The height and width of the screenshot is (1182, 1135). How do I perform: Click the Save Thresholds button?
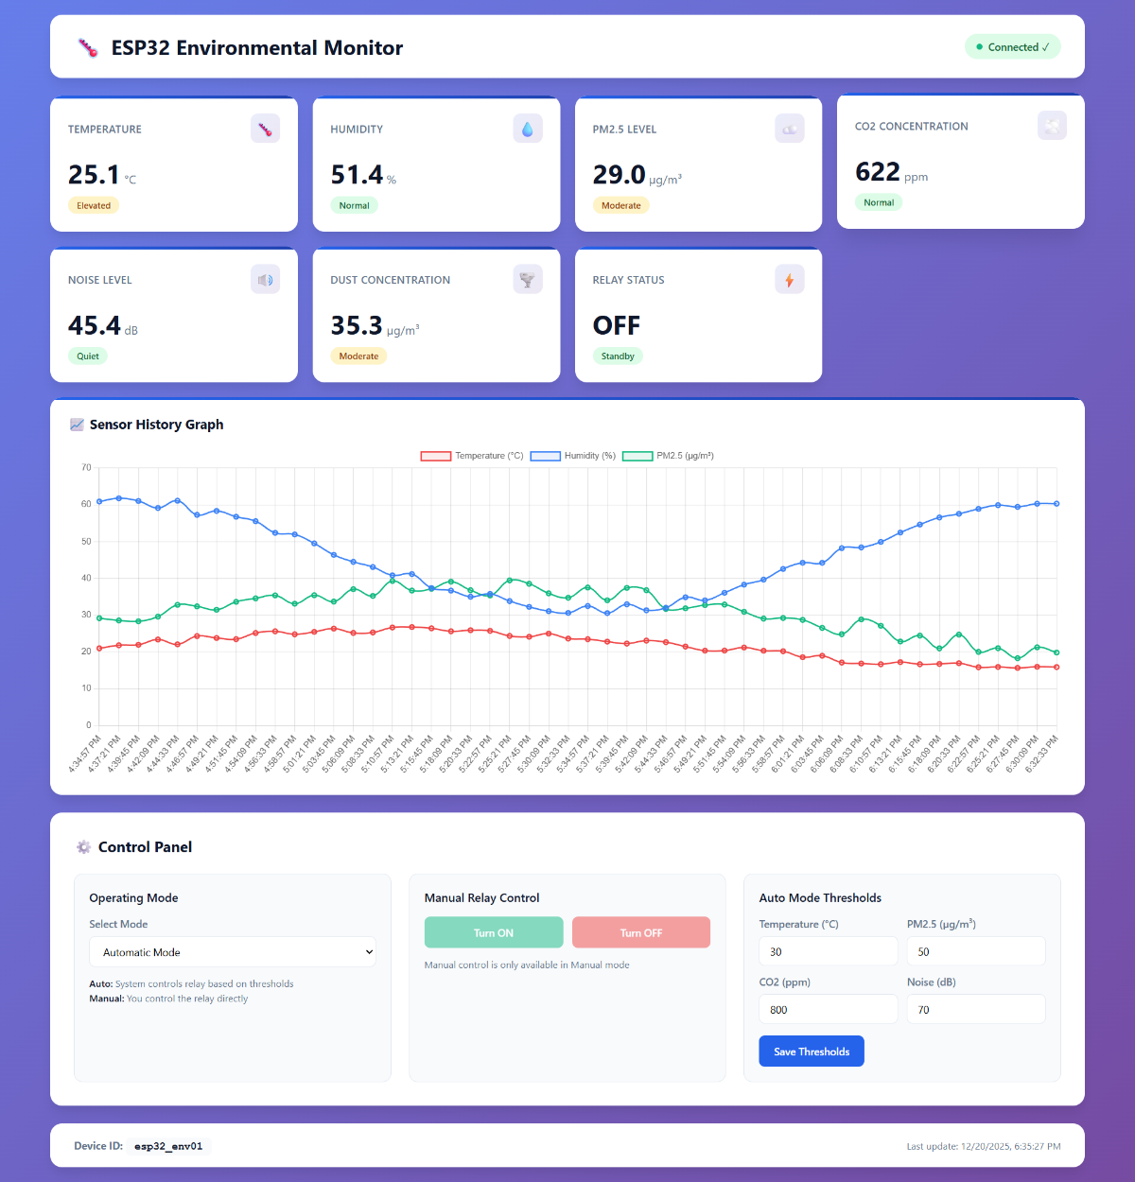tap(812, 1052)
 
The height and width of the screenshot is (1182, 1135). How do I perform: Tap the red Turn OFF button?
tap(640, 932)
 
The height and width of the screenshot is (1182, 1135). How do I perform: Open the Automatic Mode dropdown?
tap(233, 952)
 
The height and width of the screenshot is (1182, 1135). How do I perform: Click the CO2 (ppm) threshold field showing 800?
tap(828, 1010)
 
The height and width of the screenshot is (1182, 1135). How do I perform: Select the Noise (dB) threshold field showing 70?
tap(975, 1010)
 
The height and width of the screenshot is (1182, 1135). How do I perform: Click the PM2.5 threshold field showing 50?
tap(975, 952)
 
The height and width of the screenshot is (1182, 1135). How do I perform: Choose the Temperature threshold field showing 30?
tap(828, 952)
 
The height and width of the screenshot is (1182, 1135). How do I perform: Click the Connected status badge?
tap(1012, 47)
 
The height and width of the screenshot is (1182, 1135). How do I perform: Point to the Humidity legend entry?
tap(573, 456)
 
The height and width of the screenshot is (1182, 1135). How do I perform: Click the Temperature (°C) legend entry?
tap(472, 456)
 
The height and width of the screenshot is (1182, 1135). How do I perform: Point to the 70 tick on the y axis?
tap(86, 467)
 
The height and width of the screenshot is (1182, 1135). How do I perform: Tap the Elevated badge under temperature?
tap(94, 205)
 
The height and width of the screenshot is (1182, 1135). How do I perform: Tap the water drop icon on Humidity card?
tap(528, 129)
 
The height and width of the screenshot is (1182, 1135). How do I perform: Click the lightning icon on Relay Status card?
tap(790, 280)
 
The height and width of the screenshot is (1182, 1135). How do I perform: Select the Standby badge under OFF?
tap(618, 356)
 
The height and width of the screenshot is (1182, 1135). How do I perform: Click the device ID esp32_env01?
tap(168, 1146)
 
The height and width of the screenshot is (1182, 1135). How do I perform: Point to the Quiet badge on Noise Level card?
tap(88, 356)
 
